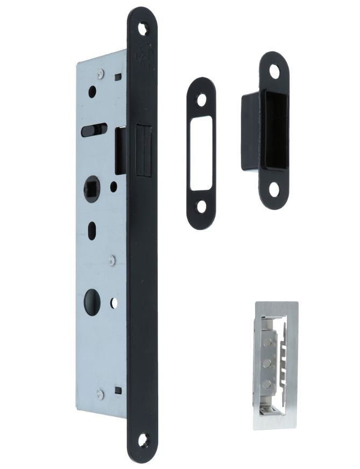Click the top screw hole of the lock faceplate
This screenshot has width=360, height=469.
tap(143, 28)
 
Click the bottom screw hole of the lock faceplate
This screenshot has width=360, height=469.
tap(143, 440)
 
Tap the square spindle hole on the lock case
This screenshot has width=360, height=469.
tap(91, 189)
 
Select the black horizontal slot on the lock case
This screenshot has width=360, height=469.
tap(94, 130)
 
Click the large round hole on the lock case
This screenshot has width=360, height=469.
tap(92, 302)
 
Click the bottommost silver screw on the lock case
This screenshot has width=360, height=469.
tap(100, 394)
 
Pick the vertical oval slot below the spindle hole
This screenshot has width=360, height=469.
tap(92, 230)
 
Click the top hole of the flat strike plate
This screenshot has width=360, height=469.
tap(202, 100)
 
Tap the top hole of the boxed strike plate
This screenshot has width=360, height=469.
tap(274, 70)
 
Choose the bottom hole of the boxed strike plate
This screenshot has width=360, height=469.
tap(274, 188)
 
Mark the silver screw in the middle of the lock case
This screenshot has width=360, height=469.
tap(111, 260)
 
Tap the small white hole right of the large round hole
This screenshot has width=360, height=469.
tap(114, 302)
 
